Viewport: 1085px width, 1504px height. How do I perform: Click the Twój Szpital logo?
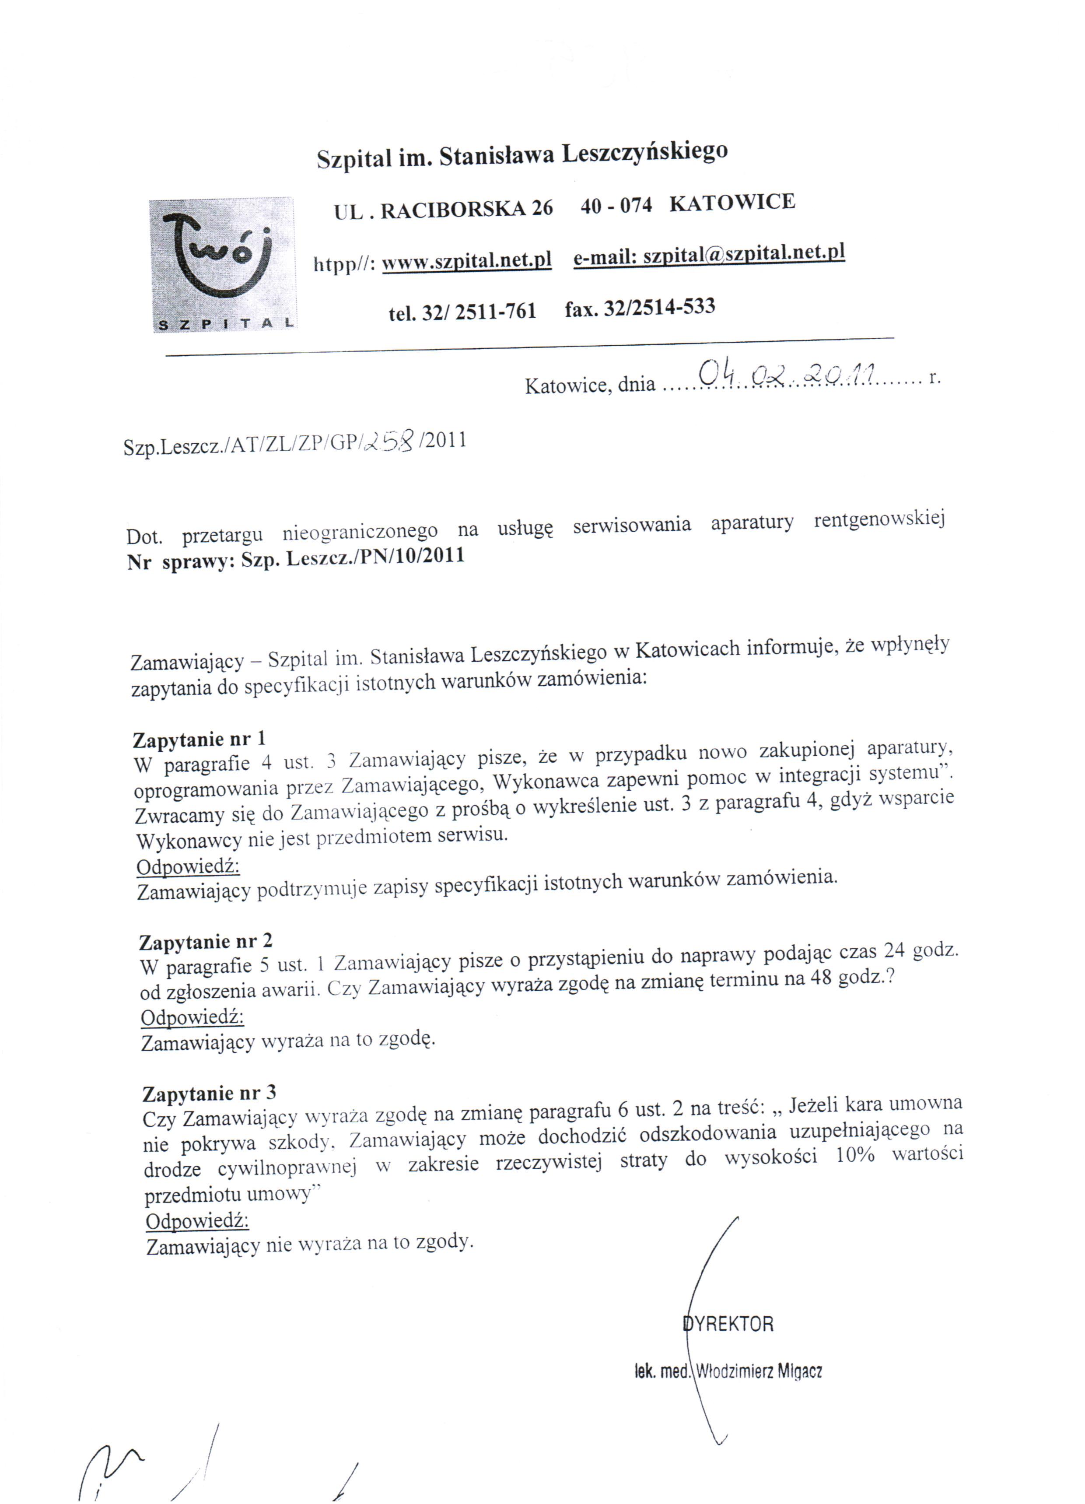pos(223,265)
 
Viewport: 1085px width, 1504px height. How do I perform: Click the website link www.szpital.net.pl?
pos(467,261)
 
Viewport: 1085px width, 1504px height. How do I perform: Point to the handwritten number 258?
pos(390,439)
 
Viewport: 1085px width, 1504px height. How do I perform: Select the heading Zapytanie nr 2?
pos(206,942)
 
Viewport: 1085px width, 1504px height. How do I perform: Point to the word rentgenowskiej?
pos(879,519)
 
